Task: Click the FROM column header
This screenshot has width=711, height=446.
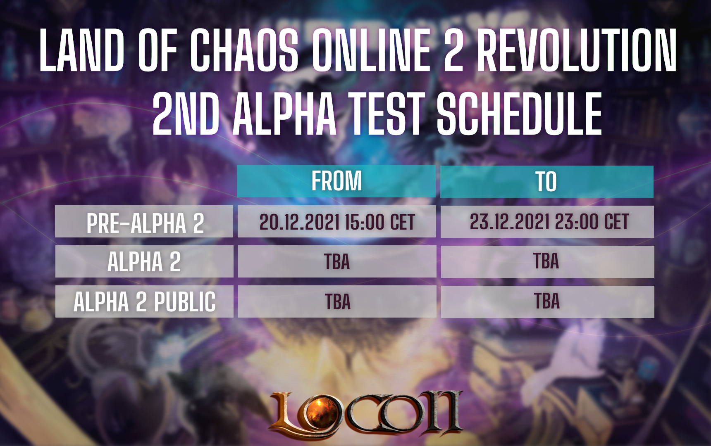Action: (336, 181)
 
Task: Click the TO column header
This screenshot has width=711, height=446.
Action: (546, 181)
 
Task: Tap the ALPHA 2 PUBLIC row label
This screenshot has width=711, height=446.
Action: (144, 301)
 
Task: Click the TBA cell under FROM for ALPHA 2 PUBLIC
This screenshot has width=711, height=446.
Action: (337, 301)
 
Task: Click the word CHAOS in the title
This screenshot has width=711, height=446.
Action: (244, 50)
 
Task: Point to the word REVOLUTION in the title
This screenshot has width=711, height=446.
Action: (577, 50)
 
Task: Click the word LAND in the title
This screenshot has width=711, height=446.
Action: (82, 50)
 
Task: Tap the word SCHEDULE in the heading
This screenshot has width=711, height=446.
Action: (520, 114)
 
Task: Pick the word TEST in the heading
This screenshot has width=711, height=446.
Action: (387, 114)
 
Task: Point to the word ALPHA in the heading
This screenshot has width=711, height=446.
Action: (284, 114)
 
